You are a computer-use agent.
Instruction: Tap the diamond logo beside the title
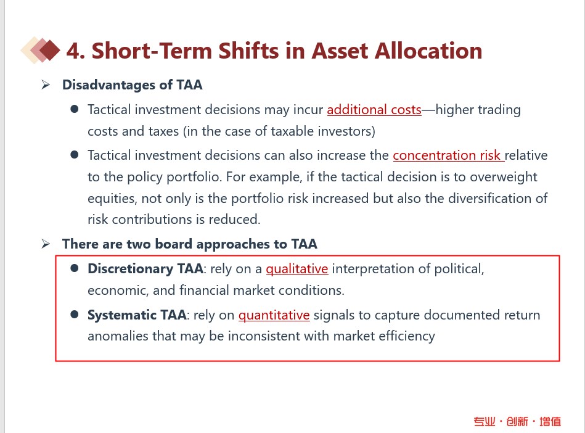click(40, 50)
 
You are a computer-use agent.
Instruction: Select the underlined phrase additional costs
click(374, 110)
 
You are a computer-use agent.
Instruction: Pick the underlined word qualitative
click(297, 269)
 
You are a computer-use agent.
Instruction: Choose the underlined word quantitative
click(274, 315)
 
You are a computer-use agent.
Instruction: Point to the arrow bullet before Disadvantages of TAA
click(46, 85)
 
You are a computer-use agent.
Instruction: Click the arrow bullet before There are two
click(46, 244)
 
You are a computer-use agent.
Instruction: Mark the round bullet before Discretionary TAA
click(74, 268)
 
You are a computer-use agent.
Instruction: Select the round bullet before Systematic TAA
click(74, 315)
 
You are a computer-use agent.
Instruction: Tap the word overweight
click(504, 177)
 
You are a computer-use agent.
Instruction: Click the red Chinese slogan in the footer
click(517, 421)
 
